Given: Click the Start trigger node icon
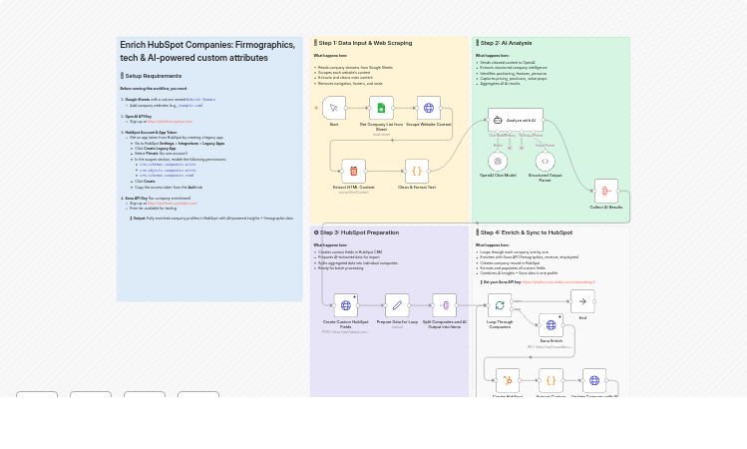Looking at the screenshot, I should pyautogui.click(x=334, y=109).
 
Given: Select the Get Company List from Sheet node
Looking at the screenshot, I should pyautogui.click(x=381, y=109).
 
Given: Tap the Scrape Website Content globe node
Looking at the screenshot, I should pyautogui.click(x=429, y=109).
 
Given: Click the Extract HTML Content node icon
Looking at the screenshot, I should pyautogui.click(x=353, y=171).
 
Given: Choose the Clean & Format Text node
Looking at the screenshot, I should pyautogui.click(x=417, y=171).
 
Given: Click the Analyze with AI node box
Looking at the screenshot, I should pyautogui.click(x=515, y=120).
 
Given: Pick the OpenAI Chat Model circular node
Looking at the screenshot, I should pyautogui.click(x=498, y=160).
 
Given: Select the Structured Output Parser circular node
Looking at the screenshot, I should pyautogui.click(x=545, y=160).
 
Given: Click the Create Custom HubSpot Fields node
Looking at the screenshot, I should pyautogui.click(x=345, y=305).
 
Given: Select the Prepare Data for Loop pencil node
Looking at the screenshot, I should pyautogui.click(x=397, y=305).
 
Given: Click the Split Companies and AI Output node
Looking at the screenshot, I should pyautogui.click(x=444, y=305).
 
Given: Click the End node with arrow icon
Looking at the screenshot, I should pyautogui.click(x=582, y=301).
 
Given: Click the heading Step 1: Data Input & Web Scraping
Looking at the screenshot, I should pyautogui.click(x=364, y=43).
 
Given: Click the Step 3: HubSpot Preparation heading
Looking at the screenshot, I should pyautogui.click(x=358, y=232).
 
